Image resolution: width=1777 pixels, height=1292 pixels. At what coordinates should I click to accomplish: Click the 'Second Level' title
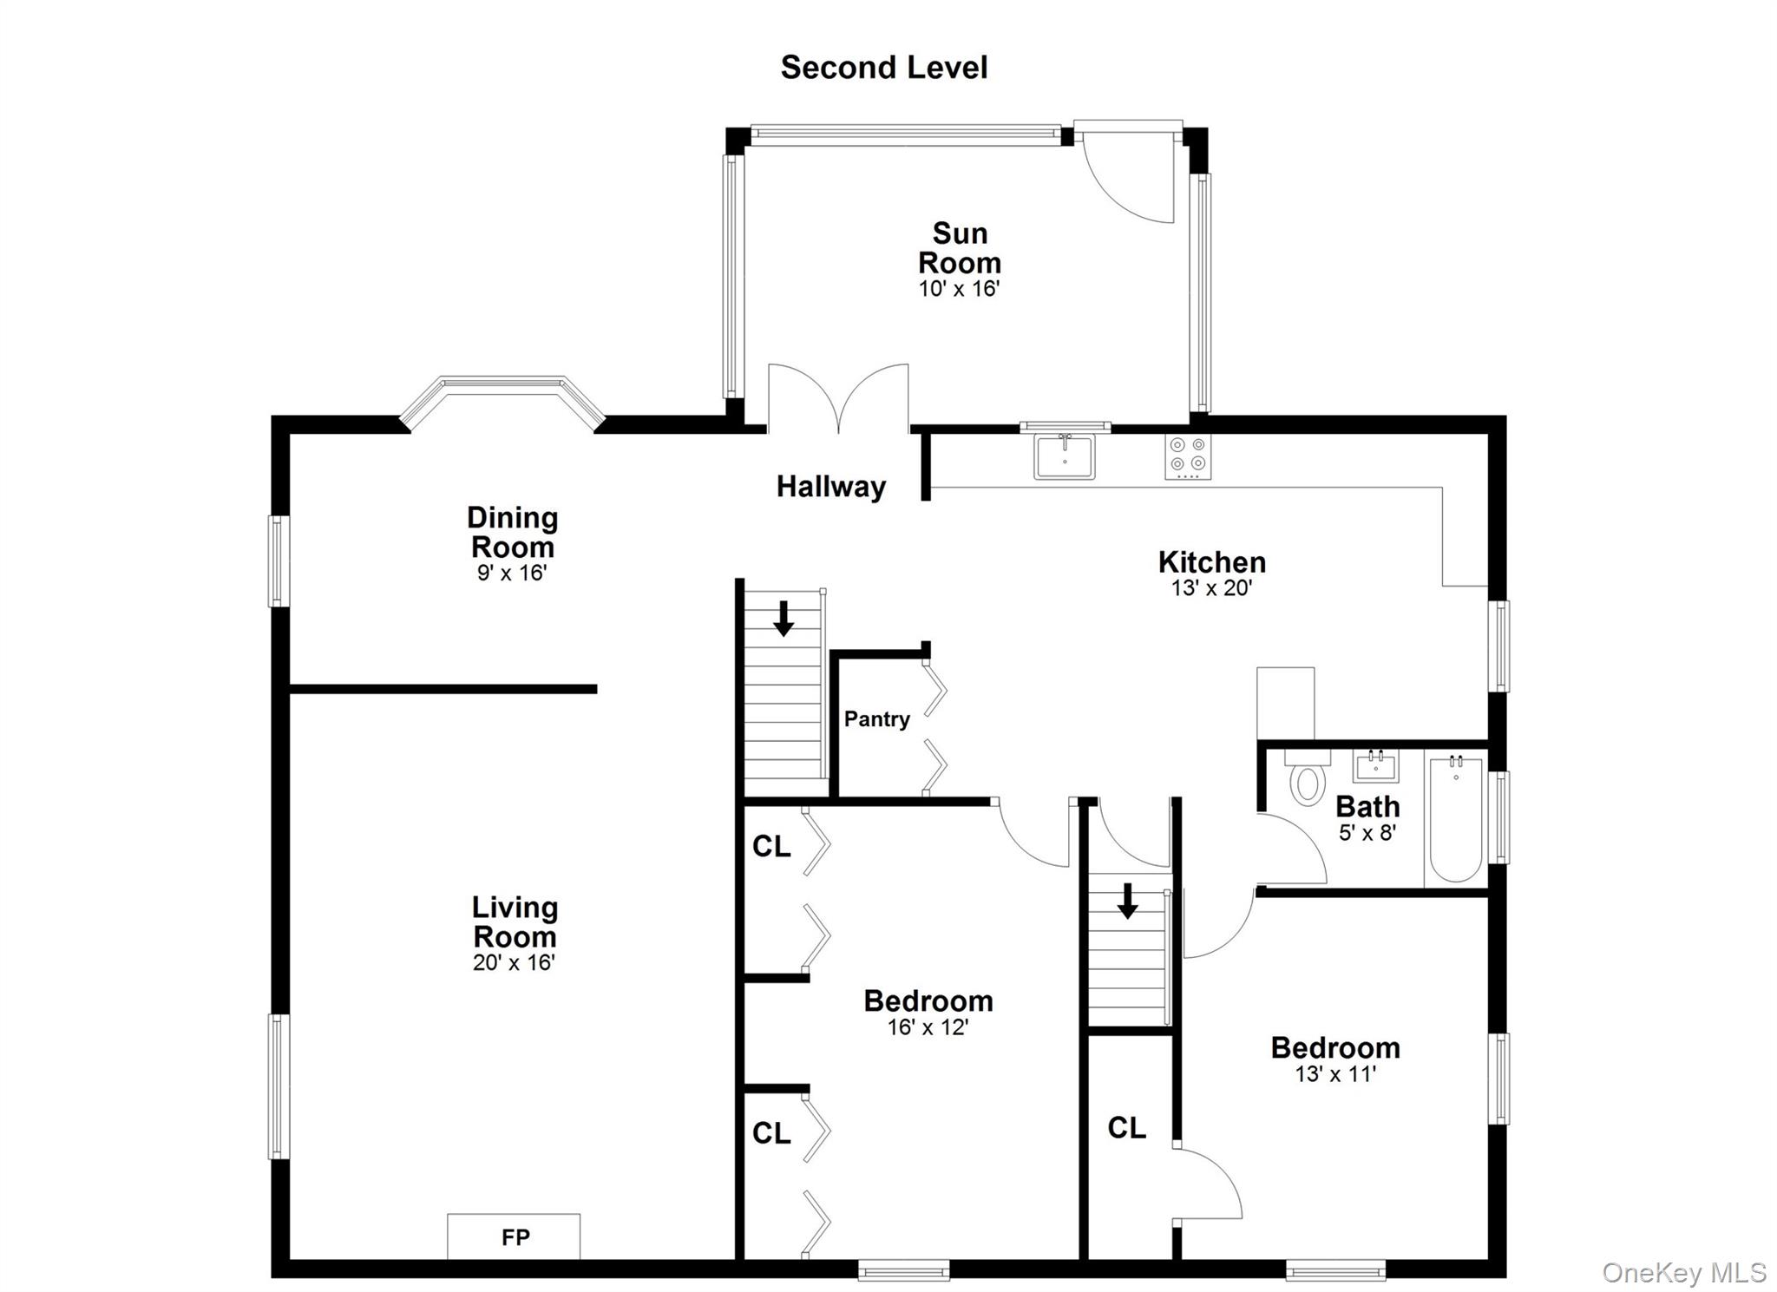[x=884, y=68]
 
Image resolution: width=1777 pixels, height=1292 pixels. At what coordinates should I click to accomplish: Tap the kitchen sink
[x=1065, y=456]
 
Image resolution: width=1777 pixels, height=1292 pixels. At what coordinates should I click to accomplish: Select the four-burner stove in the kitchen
[x=1188, y=456]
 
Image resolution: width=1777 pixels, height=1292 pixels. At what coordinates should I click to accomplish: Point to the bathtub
[x=1456, y=818]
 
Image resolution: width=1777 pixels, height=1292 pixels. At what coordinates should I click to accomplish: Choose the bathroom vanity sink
[x=1376, y=765]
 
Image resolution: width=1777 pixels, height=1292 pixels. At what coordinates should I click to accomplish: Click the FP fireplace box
[x=514, y=1236]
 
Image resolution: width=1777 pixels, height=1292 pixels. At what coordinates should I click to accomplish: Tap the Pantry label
[x=877, y=718]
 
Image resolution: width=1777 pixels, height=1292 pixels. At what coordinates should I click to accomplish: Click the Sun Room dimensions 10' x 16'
[x=960, y=289]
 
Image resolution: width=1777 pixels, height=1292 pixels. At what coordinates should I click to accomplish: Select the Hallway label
[x=831, y=487]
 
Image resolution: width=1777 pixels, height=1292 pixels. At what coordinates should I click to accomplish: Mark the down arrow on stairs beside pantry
[x=784, y=618]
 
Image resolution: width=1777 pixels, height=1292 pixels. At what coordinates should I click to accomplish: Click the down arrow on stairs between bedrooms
[x=1127, y=901]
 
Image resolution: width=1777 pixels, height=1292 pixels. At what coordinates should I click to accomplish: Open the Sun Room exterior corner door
[x=1129, y=174]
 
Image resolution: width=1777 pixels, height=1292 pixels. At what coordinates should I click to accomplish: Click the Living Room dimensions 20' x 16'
[x=514, y=962]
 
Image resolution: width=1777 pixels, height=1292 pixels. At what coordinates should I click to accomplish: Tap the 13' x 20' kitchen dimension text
[x=1211, y=588]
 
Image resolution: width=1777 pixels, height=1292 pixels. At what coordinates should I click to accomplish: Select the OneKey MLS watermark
[x=1683, y=1272]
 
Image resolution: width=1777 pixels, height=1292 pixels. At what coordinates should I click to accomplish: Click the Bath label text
[x=1367, y=807]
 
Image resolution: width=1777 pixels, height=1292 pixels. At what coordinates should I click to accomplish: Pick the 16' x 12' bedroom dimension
[x=928, y=1027]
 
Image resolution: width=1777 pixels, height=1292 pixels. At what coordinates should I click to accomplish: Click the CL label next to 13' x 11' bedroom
[x=1127, y=1128]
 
